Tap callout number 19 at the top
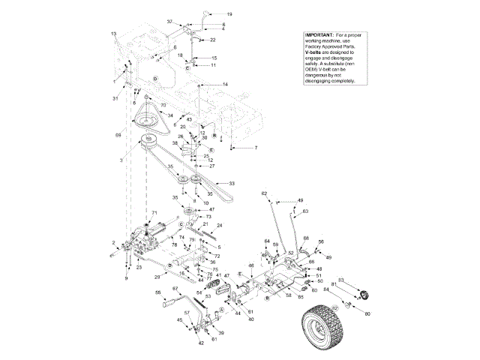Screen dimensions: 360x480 (x=229, y=14)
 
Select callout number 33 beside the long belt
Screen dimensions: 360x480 (x=232, y=183)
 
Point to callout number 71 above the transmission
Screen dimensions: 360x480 (x=154, y=214)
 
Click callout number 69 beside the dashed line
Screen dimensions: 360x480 (x=117, y=135)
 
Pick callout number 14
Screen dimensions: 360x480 (x=225, y=85)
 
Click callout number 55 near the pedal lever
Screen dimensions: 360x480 (x=157, y=292)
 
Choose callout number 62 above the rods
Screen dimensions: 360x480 (x=264, y=194)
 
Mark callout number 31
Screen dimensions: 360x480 (x=116, y=99)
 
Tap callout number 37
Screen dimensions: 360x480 (x=169, y=22)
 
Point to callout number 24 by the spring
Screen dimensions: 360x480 (x=220, y=225)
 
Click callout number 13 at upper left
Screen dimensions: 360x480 (x=114, y=34)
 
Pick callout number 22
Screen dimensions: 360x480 (x=212, y=39)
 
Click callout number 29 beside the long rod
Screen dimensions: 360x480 (x=157, y=277)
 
